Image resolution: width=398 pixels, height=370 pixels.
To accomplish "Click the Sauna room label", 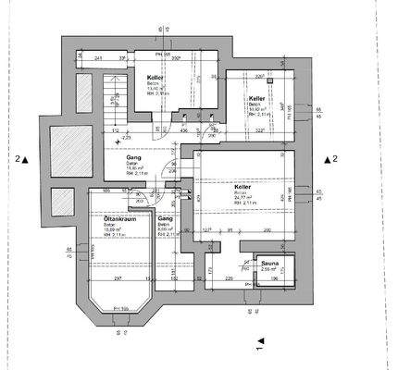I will [x=269, y=264].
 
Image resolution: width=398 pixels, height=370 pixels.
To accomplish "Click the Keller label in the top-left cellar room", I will [x=155, y=78].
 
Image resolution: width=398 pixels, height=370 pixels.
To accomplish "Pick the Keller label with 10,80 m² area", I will [x=256, y=97].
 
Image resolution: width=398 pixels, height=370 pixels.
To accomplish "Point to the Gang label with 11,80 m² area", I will [x=133, y=158].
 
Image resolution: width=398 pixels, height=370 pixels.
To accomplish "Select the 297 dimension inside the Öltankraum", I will [x=118, y=277].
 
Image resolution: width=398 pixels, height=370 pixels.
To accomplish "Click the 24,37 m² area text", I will [x=243, y=197].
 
